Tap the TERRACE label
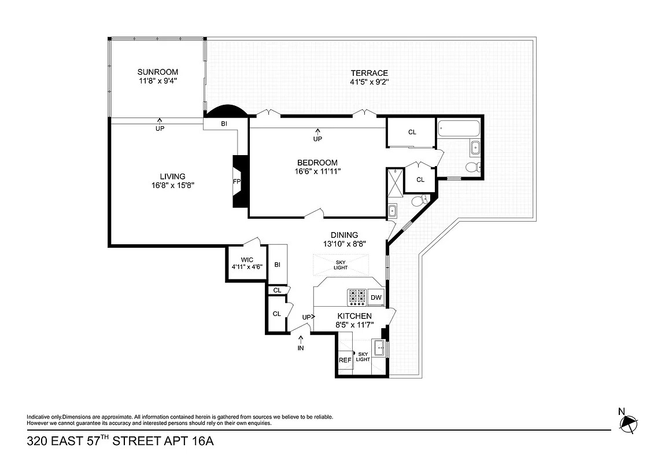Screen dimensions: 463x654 [369, 73]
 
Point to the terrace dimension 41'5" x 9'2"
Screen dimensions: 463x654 [369, 82]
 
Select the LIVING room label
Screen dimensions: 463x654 [172, 177]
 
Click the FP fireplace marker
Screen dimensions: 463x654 [237, 181]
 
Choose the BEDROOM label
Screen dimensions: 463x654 [317, 162]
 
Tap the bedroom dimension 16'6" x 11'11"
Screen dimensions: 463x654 [317, 171]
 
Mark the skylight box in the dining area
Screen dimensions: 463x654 [341, 264]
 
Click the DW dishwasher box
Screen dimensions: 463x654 [376, 297]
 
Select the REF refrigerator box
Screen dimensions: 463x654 [345, 360]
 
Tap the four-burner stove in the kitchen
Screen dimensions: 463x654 [356, 297]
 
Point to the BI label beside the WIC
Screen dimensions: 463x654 [278, 264]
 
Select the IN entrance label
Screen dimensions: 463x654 [301, 348]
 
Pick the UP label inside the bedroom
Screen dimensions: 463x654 [317, 139]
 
